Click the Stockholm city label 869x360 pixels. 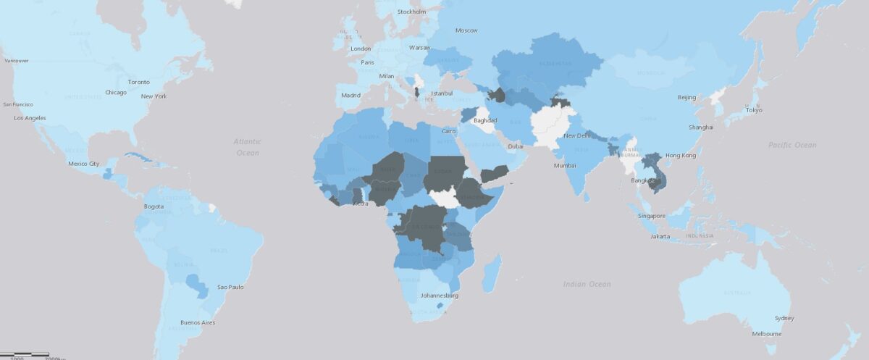coord(411,12)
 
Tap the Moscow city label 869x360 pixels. coord(466,30)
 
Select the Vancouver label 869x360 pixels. coord(16,61)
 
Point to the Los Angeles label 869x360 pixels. coord(30,117)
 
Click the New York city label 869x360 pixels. coord(154,96)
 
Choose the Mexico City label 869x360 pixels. coord(83,164)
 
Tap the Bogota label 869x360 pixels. coord(154,206)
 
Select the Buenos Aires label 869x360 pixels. coord(198,322)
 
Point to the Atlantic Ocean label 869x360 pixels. coord(247,148)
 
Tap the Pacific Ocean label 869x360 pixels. coord(792,145)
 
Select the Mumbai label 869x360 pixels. coord(565,166)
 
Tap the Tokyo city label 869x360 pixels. coord(754,110)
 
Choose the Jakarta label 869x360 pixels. coord(660,236)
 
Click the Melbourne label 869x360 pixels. coord(766,334)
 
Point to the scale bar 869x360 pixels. coord(29,355)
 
